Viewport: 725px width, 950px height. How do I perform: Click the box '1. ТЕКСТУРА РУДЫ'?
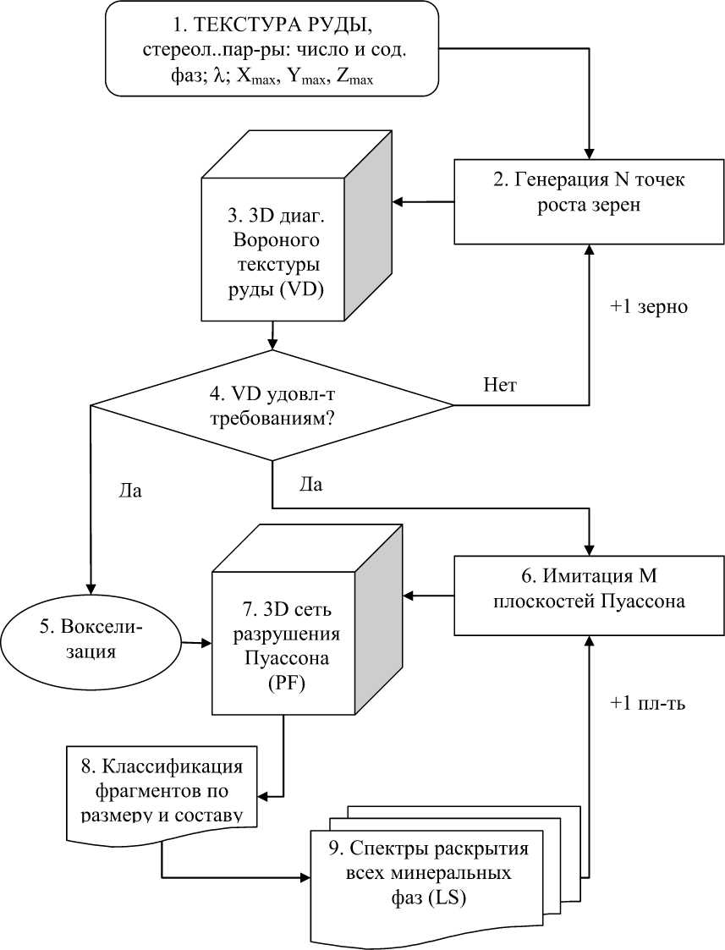click(x=272, y=48)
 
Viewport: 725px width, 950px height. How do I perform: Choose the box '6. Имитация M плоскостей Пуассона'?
click(x=588, y=595)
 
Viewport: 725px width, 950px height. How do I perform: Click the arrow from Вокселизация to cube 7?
click(x=196, y=643)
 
